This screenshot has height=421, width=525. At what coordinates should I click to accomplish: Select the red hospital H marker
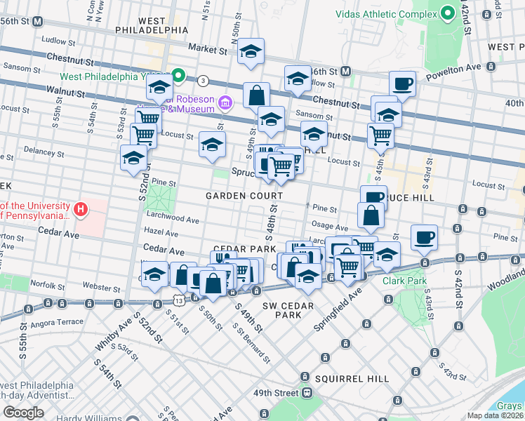pos(81,209)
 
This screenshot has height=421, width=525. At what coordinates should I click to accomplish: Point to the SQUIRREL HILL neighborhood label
pos(352,379)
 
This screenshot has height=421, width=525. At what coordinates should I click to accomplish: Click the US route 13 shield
pos(180,300)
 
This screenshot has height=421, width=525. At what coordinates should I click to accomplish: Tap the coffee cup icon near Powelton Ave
pos(402,84)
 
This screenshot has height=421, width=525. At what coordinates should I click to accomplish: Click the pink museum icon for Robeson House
pos(225,103)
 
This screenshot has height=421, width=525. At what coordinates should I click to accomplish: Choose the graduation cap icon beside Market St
pos(251,51)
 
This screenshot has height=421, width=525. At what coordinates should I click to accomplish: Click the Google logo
pos(23,413)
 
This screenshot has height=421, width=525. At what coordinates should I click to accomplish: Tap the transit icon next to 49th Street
pos(307,393)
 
